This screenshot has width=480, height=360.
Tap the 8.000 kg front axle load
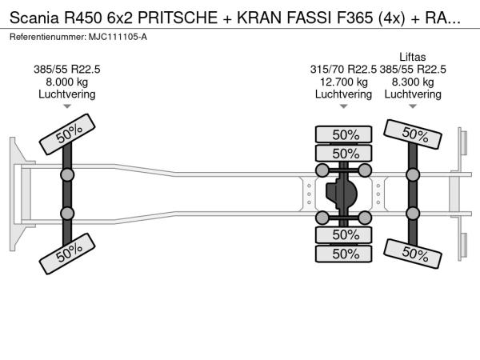point(67,82)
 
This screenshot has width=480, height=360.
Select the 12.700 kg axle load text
point(343,82)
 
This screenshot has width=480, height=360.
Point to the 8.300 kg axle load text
point(413,82)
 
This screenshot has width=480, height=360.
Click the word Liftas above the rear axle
point(413,57)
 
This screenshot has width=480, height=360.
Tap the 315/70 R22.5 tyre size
point(343,69)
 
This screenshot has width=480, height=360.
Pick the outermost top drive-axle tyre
point(345,134)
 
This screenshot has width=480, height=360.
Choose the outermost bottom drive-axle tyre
point(345,254)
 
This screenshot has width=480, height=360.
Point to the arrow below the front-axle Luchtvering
point(67,106)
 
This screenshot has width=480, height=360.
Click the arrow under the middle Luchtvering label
point(343,106)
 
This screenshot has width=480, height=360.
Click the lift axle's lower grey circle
point(413,213)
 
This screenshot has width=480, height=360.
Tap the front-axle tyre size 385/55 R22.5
point(67,69)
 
